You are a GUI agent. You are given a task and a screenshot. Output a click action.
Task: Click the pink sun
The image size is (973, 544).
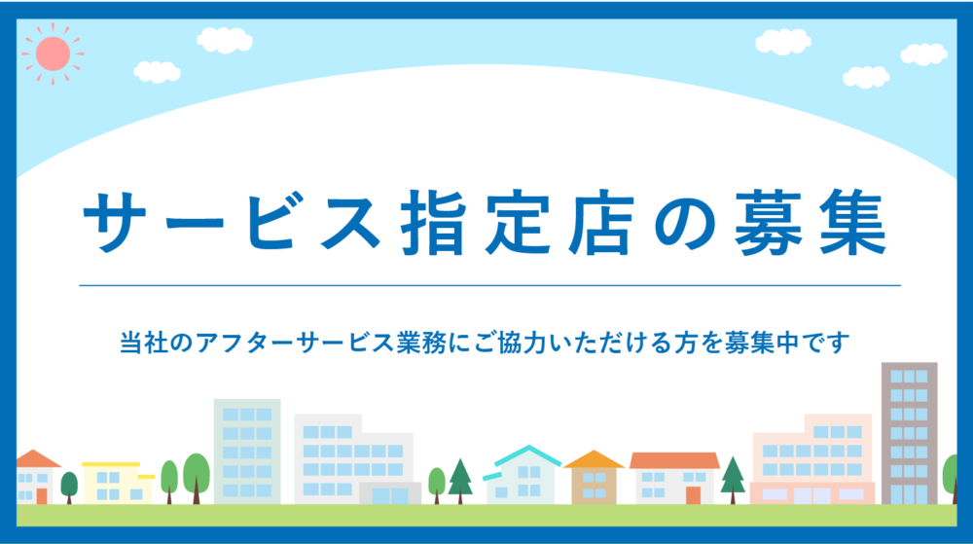point(53,54)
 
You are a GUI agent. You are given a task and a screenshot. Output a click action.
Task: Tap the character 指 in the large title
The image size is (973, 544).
point(433,223)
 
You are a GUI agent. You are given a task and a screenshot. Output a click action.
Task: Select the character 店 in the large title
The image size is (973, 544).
point(601,223)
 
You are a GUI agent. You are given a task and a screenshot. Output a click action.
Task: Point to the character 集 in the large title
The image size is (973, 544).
point(853,223)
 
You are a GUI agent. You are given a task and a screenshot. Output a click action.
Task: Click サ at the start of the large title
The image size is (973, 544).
point(116,222)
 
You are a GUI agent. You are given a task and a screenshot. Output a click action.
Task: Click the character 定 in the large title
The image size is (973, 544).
point(518,223)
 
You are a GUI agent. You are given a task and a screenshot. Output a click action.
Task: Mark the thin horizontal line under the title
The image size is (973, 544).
point(489,286)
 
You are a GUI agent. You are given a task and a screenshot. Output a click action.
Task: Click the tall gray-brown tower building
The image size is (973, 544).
point(909,434)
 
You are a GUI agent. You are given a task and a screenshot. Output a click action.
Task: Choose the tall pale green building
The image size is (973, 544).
point(247,452)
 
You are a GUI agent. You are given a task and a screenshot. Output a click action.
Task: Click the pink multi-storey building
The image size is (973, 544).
point(812,459)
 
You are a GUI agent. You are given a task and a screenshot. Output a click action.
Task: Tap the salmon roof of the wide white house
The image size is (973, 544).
point(674,460)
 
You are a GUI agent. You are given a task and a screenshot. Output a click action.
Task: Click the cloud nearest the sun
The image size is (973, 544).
point(157,72)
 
